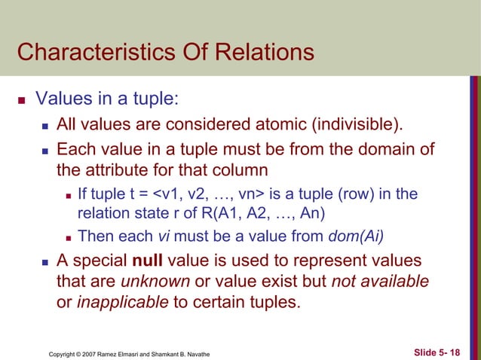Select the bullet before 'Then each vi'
click(x=69, y=236)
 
